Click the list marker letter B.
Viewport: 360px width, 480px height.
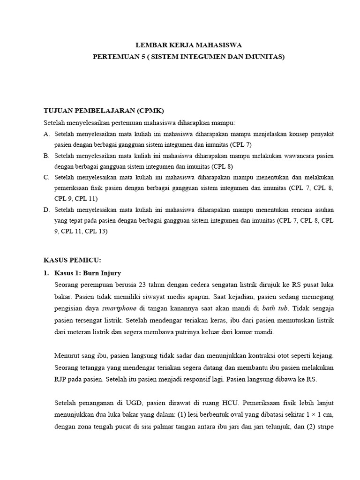[x=46, y=156]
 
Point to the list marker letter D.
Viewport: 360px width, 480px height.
[x=46, y=210]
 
